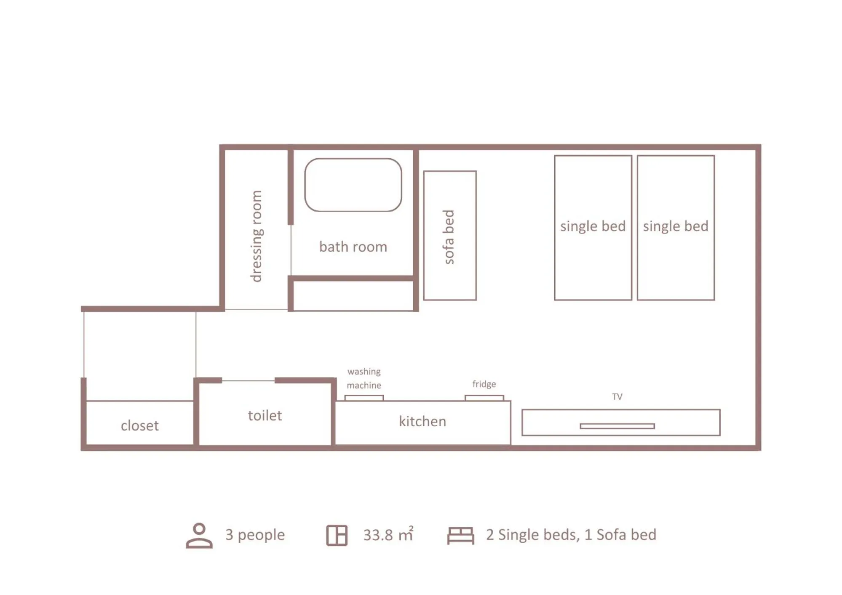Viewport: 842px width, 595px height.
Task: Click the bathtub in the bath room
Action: (353, 185)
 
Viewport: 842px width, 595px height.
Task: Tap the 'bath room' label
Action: (353, 247)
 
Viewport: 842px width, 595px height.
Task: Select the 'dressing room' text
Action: (256, 236)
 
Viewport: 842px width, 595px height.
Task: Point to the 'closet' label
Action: (140, 425)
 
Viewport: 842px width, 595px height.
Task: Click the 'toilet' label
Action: (265, 415)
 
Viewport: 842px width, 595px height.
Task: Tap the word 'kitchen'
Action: (422, 421)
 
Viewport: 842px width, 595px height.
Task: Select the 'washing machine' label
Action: (364, 378)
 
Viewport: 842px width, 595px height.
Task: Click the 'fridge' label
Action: (484, 384)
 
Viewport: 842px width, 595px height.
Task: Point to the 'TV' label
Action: (617, 396)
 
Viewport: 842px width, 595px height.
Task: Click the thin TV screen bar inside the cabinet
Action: (617, 426)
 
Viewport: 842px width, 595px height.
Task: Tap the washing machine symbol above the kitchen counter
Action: (364, 398)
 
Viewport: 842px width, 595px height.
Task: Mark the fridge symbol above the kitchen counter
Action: (484, 398)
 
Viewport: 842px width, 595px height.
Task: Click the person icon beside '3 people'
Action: (199, 535)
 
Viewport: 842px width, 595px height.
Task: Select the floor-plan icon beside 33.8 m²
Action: (337, 535)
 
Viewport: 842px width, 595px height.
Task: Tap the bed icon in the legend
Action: (460, 536)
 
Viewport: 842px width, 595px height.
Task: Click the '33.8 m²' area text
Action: (388, 534)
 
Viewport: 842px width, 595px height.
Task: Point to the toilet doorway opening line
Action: (248, 381)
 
